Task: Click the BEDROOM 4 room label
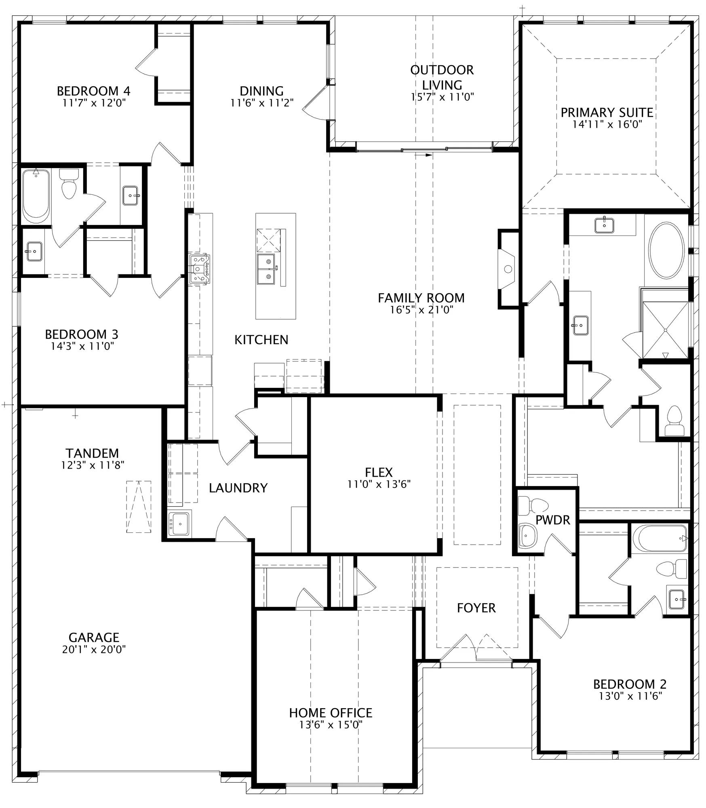[93, 91]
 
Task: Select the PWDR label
[552, 520]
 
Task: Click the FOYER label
[476, 608]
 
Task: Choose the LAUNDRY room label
[238, 488]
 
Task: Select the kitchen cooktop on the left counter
[200, 269]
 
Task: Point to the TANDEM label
[93, 453]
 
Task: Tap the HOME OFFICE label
[331, 713]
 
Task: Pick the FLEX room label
[379, 472]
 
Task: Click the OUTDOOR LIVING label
[442, 77]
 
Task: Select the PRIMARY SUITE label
[607, 112]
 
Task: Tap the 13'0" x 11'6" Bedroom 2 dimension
[630, 696]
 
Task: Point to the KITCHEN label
[261, 340]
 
